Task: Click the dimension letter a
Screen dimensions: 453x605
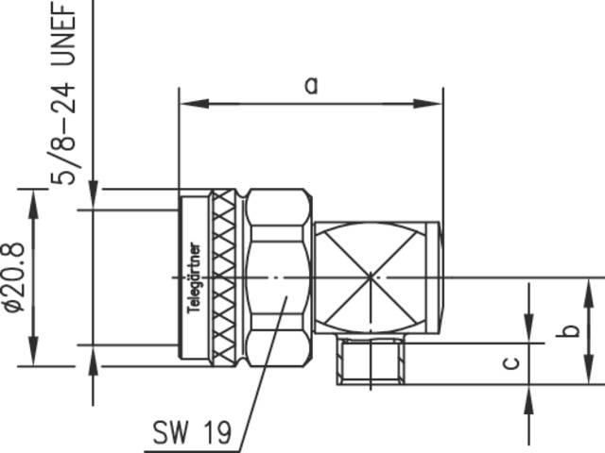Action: [x=311, y=85]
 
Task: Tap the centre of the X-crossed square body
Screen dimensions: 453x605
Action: [x=369, y=277]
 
